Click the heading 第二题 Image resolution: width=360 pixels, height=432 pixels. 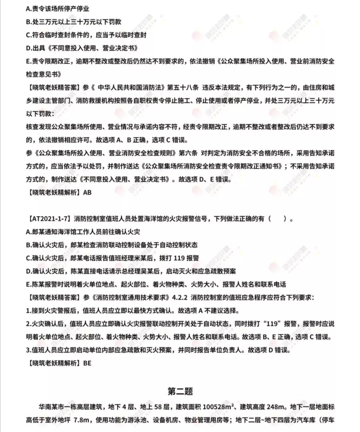(x=180, y=391)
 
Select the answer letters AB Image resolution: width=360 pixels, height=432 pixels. (x=87, y=193)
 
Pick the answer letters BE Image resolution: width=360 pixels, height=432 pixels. (x=87, y=363)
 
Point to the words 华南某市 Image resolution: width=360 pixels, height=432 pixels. (x=50, y=407)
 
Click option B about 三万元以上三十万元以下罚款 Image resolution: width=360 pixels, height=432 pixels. (x=74, y=22)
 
